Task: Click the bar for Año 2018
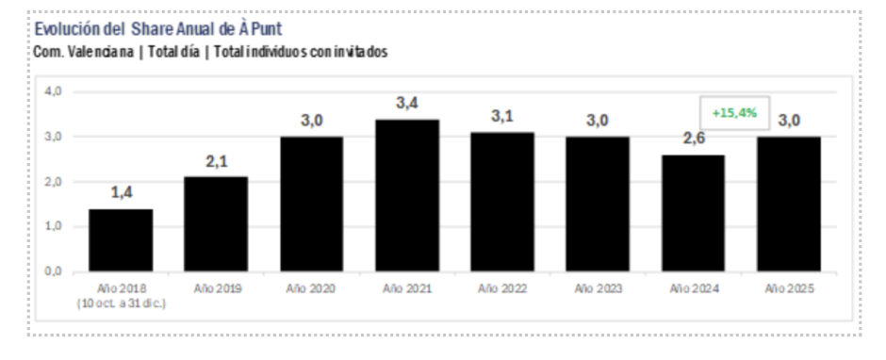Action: click(x=121, y=239)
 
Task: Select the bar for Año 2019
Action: click(x=216, y=223)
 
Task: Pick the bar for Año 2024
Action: click(x=693, y=213)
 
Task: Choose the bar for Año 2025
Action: click(x=788, y=204)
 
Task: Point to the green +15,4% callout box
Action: click(x=734, y=112)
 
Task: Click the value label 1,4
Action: click(x=121, y=193)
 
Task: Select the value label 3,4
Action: click(x=406, y=104)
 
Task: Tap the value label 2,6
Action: click(x=693, y=139)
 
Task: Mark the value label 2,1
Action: click(x=216, y=161)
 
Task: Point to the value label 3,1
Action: click(x=501, y=117)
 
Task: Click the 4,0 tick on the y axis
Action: click(x=53, y=91)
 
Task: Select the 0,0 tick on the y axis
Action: click(x=53, y=271)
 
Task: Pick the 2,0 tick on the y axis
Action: click(x=53, y=182)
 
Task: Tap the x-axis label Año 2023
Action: click(x=598, y=288)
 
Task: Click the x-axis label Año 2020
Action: click(x=311, y=288)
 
